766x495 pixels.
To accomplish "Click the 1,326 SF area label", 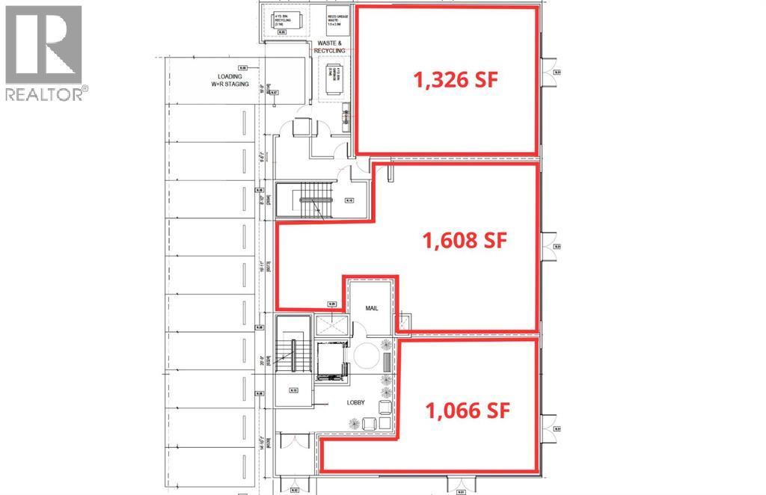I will [x=456, y=80].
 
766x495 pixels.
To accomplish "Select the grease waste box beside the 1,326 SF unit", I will [x=333, y=20].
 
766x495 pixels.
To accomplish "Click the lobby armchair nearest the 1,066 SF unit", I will [x=384, y=407].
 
